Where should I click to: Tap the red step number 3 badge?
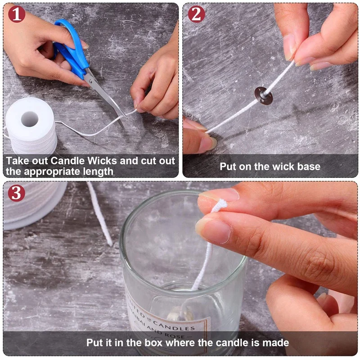(x=16, y=193)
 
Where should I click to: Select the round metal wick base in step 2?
(x=263, y=95)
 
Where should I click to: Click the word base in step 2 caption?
(x=309, y=166)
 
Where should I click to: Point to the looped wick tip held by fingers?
(x=220, y=206)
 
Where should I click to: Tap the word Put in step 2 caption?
(x=229, y=166)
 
